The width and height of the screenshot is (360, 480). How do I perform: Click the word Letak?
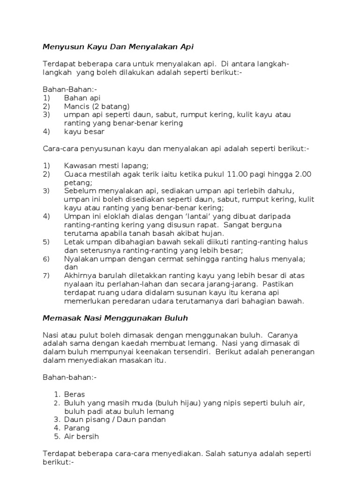pyautogui.click(x=74, y=242)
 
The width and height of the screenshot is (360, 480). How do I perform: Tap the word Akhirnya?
pyautogui.click(x=81, y=276)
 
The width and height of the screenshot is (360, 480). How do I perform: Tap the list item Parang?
pyautogui.click(x=77, y=428)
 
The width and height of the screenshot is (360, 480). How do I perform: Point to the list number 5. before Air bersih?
pyautogui.click(x=57, y=436)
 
